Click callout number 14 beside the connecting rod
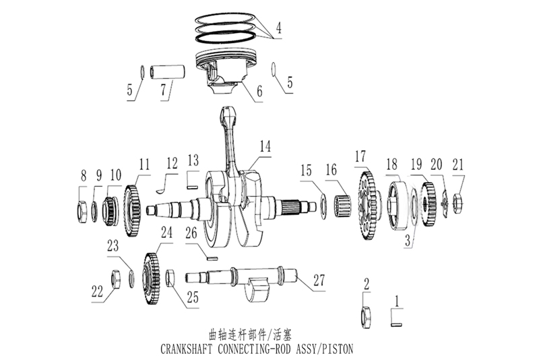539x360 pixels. coord(265,145)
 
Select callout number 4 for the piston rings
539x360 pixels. coord(278,29)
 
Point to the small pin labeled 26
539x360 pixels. coord(210,257)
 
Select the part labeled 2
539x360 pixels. coord(368,314)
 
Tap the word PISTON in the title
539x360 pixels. coord(336,350)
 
